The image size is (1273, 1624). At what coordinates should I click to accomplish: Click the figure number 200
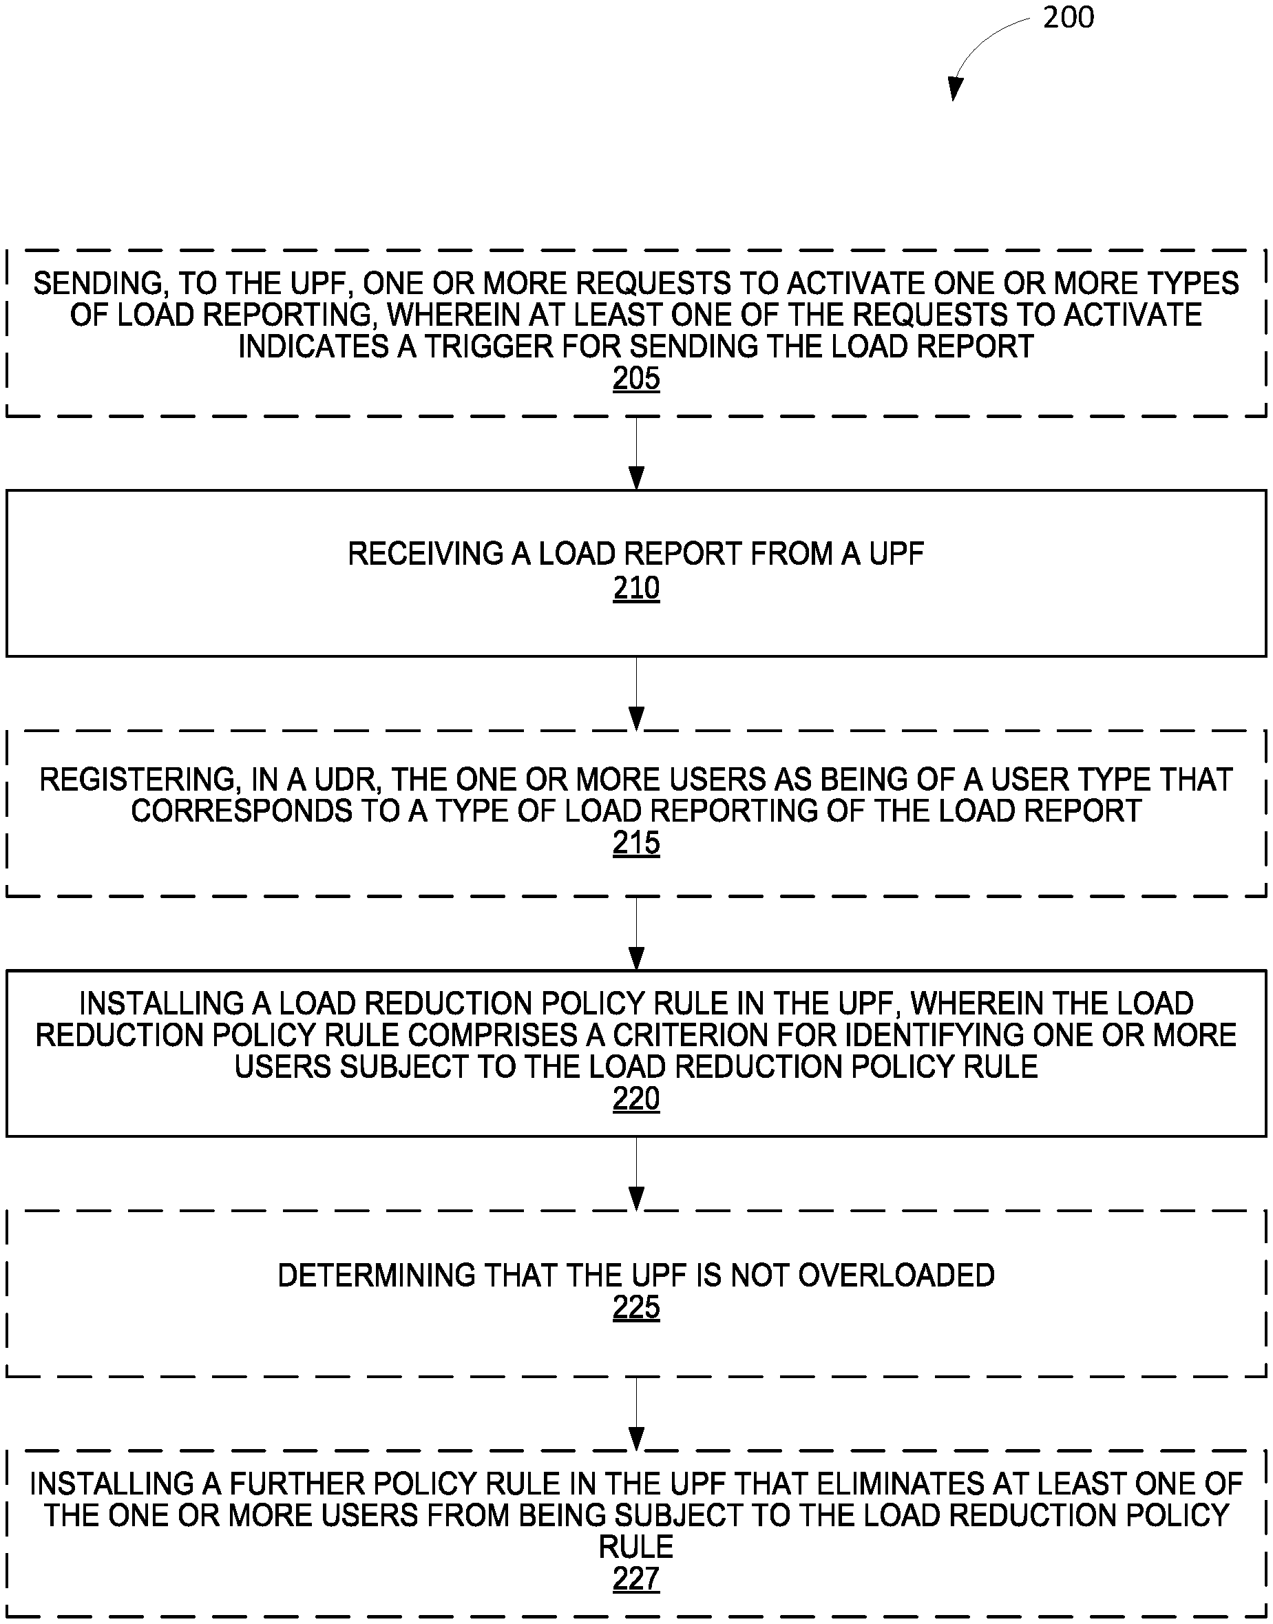tap(1068, 18)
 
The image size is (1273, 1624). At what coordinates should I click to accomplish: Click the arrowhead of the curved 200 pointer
tap(954, 90)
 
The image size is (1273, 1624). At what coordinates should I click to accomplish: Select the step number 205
tap(635, 379)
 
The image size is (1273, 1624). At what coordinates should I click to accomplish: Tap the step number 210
tap(635, 588)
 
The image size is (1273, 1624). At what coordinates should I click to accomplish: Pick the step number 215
tap(635, 842)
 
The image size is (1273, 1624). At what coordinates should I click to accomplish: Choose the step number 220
tap(635, 1099)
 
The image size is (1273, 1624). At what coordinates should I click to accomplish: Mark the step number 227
tap(635, 1579)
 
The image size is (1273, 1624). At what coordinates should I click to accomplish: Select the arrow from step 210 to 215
tap(635, 693)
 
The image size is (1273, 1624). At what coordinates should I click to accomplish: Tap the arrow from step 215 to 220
tap(635, 933)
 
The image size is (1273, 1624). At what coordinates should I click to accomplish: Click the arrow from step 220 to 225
tap(635, 1173)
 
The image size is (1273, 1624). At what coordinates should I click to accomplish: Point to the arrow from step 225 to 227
tap(635, 1413)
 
